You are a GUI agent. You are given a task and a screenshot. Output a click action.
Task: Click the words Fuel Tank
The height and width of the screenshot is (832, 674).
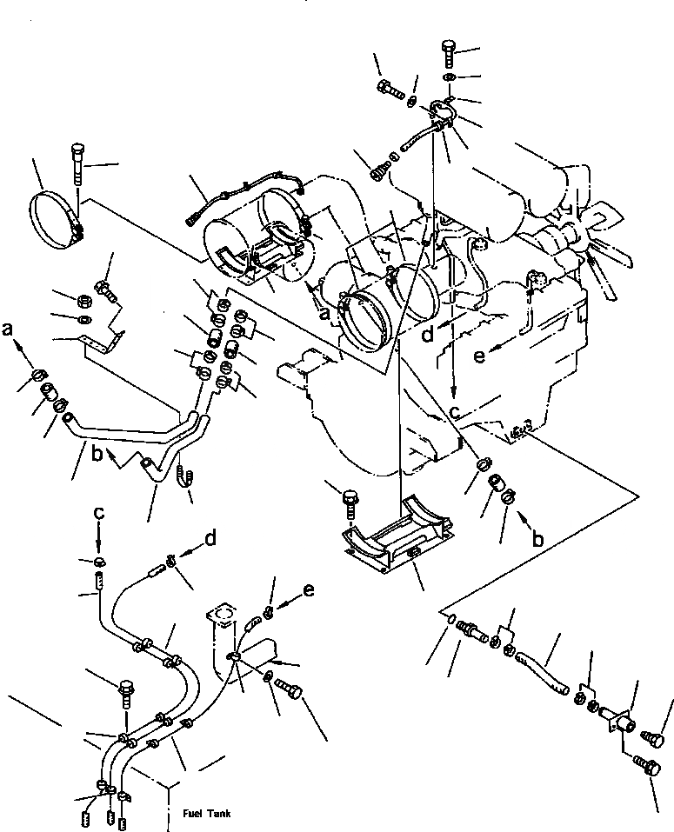pos(207,814)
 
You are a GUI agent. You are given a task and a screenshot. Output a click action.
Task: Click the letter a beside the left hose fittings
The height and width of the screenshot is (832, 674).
pos(9,329)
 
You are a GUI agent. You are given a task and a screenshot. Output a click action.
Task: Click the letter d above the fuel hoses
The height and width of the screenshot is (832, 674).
pos(210,539)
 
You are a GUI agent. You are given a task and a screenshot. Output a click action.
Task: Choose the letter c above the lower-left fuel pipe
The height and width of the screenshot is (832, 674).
pos(99,514)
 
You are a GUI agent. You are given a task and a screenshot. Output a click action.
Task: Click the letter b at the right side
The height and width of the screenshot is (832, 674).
pos(537,539)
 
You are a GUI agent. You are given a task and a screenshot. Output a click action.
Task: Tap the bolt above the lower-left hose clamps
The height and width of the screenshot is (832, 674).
pos(126,690)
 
